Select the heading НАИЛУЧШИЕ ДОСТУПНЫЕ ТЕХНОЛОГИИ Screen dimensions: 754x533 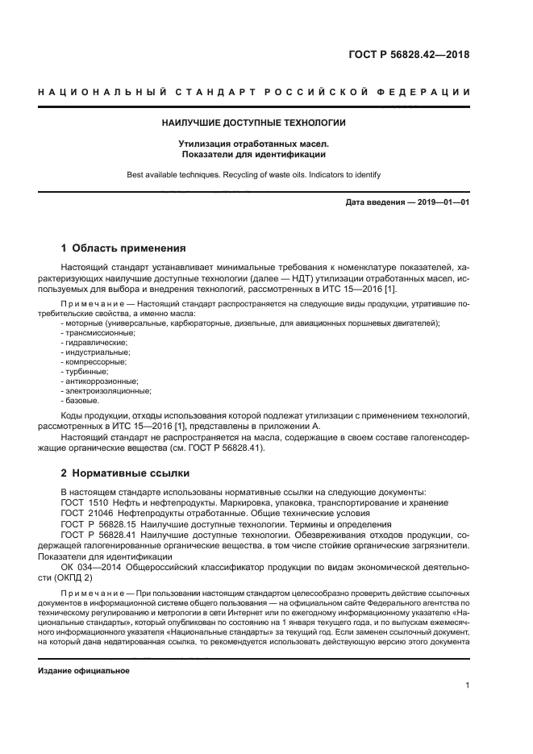click(254, 123)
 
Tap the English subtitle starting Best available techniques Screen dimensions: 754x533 click(254, 174)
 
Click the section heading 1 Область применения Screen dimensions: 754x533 click(124, 248)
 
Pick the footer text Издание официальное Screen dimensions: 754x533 click(84, 671)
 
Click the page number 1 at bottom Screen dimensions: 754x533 click(467, 685)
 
